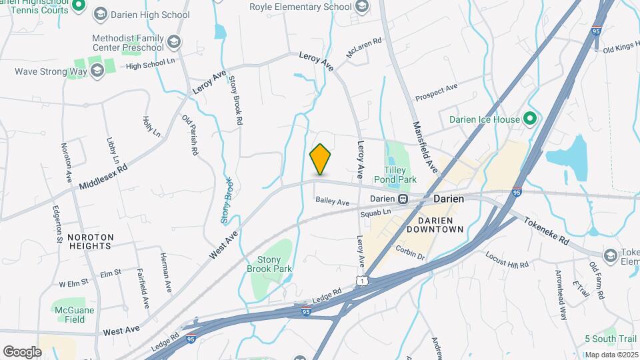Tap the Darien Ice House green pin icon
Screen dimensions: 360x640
tap(531, 119)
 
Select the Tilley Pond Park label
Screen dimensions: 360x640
tap(399, 175)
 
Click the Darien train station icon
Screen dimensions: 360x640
tap(403, 199)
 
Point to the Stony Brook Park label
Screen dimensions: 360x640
tap(269, 264)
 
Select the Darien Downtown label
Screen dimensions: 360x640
tap(440, 225)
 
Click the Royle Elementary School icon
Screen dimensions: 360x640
tap(362, 7)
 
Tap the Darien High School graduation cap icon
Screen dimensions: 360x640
tap(101, 14)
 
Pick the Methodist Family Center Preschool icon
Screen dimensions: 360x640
tap(174, 43)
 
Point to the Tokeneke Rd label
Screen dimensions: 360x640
tap(545, 230)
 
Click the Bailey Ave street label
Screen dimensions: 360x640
tap(333, 201)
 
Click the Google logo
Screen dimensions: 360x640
tap(22, 352)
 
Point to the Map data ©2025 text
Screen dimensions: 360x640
tap(611, 355)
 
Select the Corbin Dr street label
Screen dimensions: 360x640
tap(409, 253)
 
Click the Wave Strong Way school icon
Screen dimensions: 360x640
tap(97, 71)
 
